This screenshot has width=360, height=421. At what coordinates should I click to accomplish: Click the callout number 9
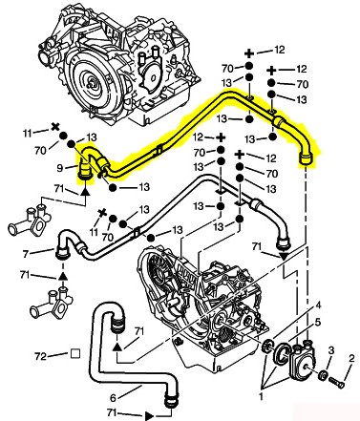60,168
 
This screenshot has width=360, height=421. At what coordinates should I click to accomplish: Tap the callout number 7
27,254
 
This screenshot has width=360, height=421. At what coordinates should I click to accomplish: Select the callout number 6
113,398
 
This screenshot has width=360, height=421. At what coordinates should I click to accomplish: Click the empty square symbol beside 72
75,354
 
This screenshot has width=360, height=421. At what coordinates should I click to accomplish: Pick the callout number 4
317,306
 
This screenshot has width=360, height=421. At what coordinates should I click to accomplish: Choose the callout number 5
317,323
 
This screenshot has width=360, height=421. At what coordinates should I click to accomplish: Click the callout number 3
331,350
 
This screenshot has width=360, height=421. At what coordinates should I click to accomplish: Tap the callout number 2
351,359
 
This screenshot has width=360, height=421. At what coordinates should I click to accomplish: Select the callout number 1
261,397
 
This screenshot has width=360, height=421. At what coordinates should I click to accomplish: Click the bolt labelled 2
337,383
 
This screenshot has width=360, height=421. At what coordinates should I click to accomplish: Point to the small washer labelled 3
323,374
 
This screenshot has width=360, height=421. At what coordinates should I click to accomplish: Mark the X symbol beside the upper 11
55,128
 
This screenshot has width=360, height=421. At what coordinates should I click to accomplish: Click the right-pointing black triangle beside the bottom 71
149,415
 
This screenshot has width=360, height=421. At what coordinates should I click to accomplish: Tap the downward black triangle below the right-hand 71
284,257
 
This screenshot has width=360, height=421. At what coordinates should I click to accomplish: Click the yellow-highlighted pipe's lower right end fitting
306,158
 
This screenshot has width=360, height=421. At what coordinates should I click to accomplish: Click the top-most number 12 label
279,50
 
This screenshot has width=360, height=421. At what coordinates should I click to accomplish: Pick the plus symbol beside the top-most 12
249,53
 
